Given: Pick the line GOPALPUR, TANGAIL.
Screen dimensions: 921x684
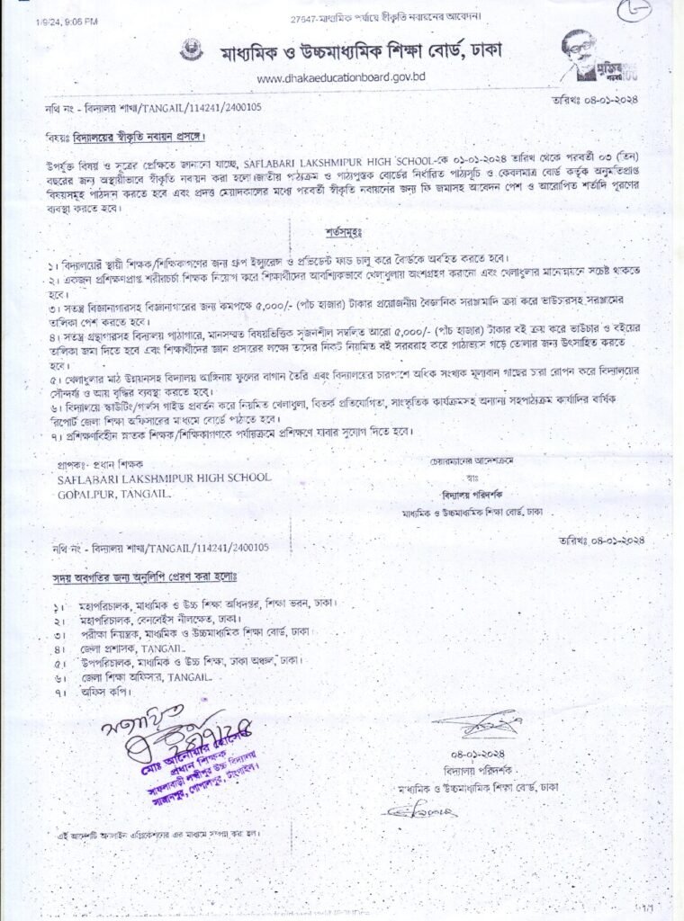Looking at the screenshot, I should pos(112,495).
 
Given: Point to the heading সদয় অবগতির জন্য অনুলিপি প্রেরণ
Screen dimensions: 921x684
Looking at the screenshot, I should pos(143,573).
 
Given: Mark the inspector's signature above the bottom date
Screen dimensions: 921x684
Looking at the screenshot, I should pos(477,722).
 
